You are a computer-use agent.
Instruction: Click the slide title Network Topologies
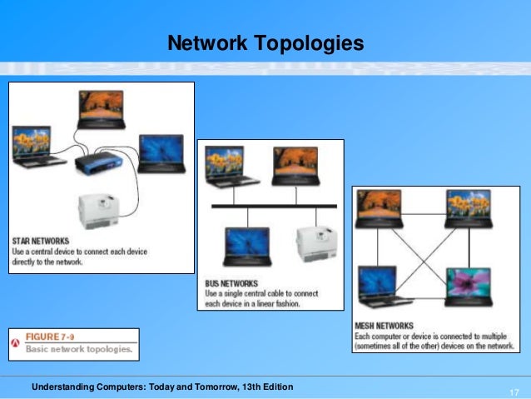(265, 42)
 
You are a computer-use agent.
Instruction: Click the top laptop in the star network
(101, 109)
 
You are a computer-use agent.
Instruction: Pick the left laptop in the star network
(33, 146)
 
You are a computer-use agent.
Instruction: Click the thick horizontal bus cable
(274, 205)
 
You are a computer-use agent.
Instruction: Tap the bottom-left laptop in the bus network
(246, 247)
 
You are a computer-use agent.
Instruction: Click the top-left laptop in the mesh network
(380, 209)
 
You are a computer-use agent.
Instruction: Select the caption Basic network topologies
(79, 349)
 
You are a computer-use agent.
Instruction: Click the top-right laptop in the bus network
(295, 164)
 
